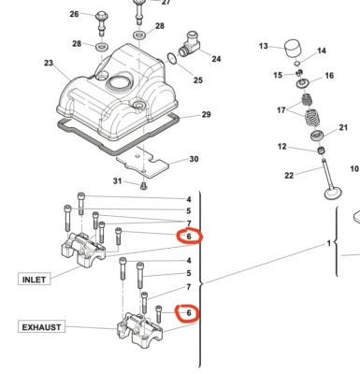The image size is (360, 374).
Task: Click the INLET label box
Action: [34, 279]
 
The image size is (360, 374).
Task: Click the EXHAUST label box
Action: [42, 327]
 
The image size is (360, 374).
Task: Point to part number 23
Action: [49, 64]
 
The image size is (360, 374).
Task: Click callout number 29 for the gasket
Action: [206, 115]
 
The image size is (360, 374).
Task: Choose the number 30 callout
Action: [194, 159]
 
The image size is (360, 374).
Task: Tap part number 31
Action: [118, 180]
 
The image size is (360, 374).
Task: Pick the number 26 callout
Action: [74, 15]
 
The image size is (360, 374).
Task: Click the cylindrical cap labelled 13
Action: [292, 48]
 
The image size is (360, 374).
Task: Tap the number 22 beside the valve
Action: [289, 175]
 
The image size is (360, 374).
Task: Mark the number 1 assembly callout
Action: [328, 243]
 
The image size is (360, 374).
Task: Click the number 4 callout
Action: [188, 199]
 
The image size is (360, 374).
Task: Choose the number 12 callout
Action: [282, 146]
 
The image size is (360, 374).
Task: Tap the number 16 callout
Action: [328, 76]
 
